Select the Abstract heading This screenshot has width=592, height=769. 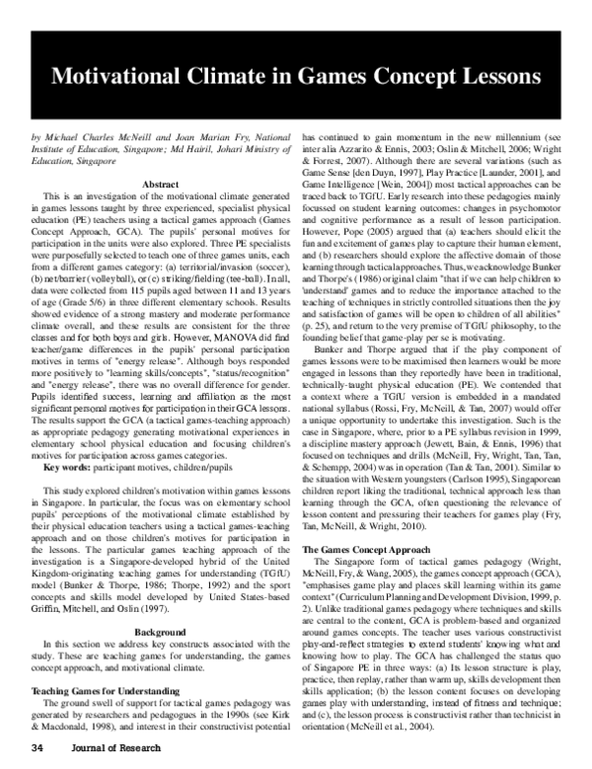161,185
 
